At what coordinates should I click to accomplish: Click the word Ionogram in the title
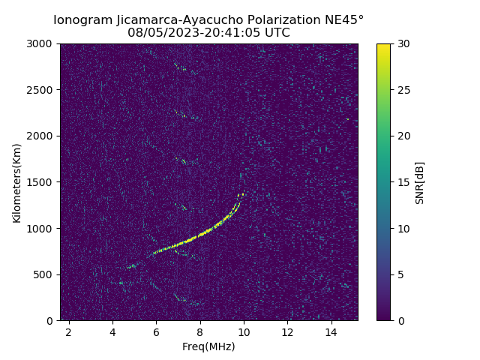click(82, 20)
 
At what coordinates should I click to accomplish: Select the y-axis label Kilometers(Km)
click(17, 182)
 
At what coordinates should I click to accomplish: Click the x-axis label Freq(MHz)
click(208, 346)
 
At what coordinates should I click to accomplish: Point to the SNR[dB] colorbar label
click(420, 182)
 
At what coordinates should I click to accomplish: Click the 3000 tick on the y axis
click(42, 43)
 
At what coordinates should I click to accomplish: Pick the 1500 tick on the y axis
click(42, 182)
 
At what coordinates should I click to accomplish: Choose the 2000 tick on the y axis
click(42, 136)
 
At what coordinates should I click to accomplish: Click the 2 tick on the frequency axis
click(69, 331)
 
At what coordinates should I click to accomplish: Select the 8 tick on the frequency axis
click(199, 331)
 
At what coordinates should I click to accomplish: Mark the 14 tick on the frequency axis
click(331, 331)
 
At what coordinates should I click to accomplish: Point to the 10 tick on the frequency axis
click(243, 331)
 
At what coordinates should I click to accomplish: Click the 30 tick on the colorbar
click(403, 43)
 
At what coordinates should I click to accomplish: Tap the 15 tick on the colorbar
click(403, 182)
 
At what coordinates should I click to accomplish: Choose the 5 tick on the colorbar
click(400, 274)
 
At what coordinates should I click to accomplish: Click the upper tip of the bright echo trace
click(243, 193)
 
